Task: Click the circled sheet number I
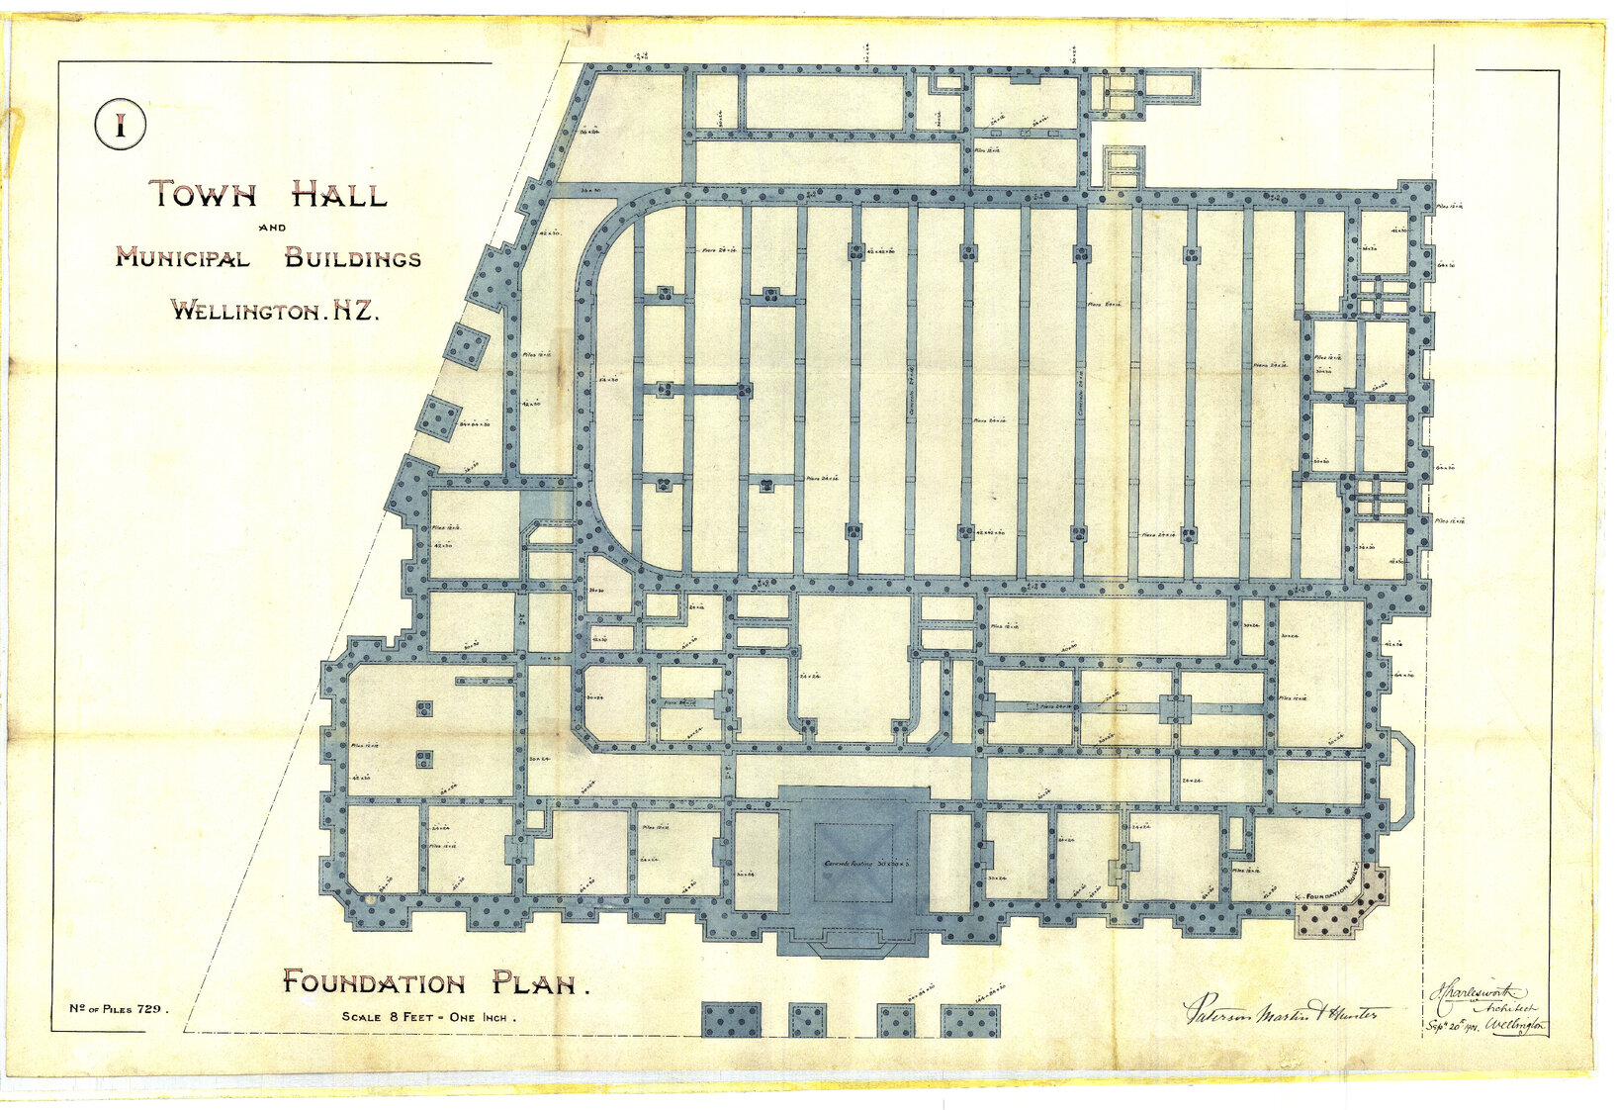point(121,126)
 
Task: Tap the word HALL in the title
point(338,194)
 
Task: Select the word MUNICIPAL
point(182,258)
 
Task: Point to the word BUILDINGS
point(353,259)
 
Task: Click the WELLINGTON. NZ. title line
point(275,310)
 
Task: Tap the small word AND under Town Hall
point(271,228)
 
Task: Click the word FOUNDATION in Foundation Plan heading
point(374,982)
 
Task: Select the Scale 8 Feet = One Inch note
point(428,1017)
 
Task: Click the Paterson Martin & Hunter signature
point(1286,1011)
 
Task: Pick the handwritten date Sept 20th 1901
point(1456,1026)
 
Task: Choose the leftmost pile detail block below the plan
point(731,1020)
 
